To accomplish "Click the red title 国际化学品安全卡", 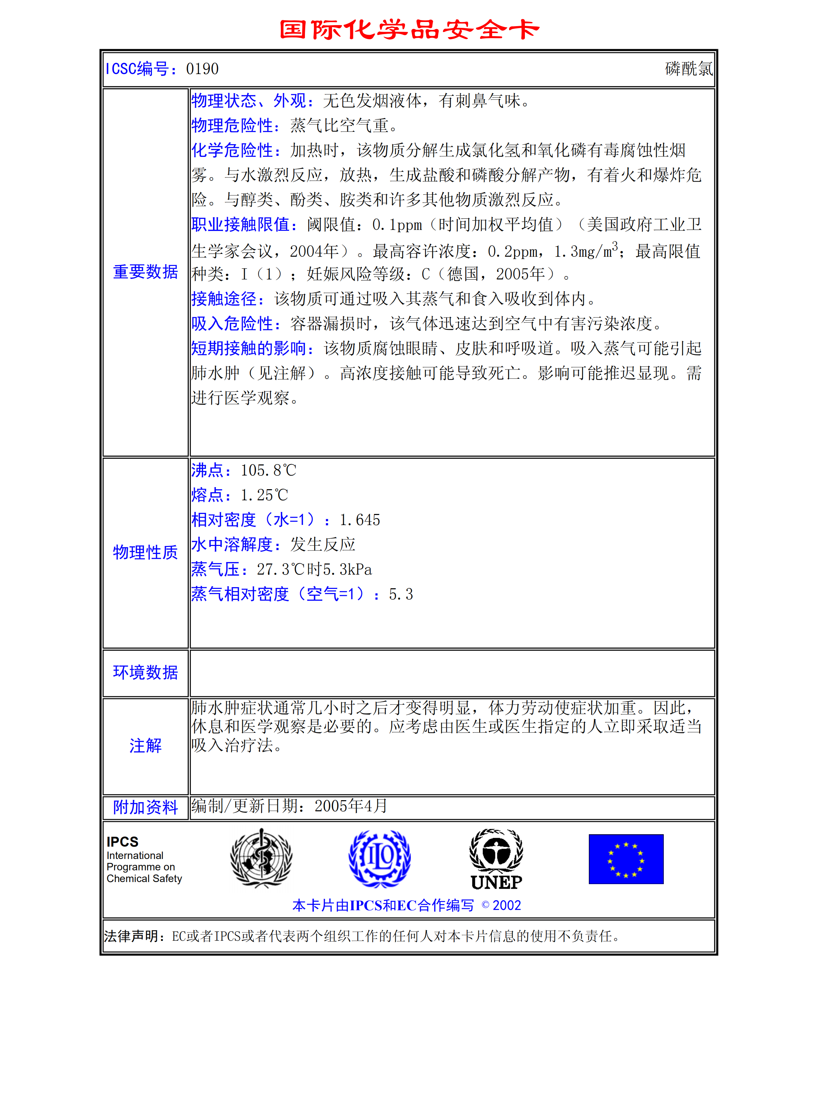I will [409, 30].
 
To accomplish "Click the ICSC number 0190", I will [202, 69].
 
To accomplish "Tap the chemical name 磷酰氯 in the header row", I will [688, 69].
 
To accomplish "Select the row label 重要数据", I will [145, 272].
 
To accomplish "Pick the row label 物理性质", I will [145, 552].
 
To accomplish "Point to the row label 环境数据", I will [145, 673].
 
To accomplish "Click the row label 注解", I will [145, 745].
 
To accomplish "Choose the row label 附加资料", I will [145, 807].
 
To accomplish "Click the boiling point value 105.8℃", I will [268, 470].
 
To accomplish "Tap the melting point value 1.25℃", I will [264, 495].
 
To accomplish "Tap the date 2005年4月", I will [351, 806].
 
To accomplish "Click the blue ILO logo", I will [379, 858].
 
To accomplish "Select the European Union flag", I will [626, 859].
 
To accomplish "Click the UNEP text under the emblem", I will [496, 882].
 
